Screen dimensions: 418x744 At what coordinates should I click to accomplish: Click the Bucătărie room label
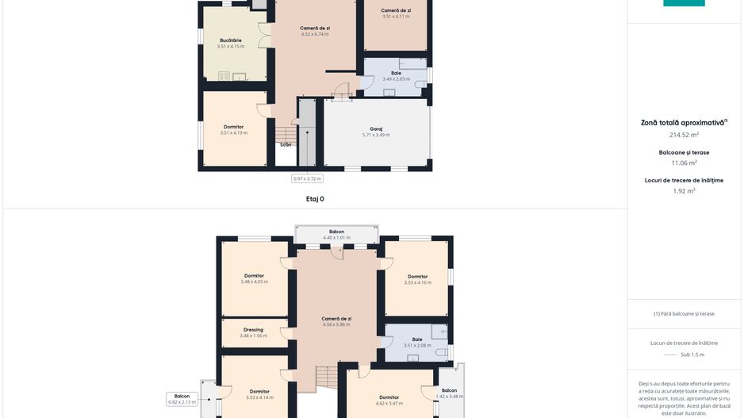pyautogui.click(x=231, y=40)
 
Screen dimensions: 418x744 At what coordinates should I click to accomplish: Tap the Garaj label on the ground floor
pyautogui.click(x=376, y=128)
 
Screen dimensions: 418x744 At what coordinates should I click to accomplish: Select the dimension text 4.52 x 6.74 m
pyautogui.click(x=315, y=34)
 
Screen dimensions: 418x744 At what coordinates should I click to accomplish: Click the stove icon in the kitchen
pyautogui.click(x=224, y=76)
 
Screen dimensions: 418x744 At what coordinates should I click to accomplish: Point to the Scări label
pyautogui.click(x=286, y=144)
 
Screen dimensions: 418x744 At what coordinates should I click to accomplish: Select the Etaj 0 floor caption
pyautogui.click(x=315, y=199)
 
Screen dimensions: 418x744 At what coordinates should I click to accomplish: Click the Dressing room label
pyautogui.click(x=253, y=330)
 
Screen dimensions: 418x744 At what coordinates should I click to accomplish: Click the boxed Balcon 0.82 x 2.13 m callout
pyautogui.click(x=182, y=399)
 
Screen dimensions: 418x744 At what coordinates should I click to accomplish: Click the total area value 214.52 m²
pyautogui.click(x=684, y=135)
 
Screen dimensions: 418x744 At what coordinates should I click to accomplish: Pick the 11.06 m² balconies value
pyautogui.click(x=684, y=163)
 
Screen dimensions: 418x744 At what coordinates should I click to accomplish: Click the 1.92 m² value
pyautogui.click(x=684, y=190)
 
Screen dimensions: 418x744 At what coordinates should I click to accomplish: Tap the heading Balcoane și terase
pyautogui.click(x=684, y=151)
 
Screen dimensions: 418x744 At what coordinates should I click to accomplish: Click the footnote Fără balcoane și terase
pyautogui.click(x=684, y=313)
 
